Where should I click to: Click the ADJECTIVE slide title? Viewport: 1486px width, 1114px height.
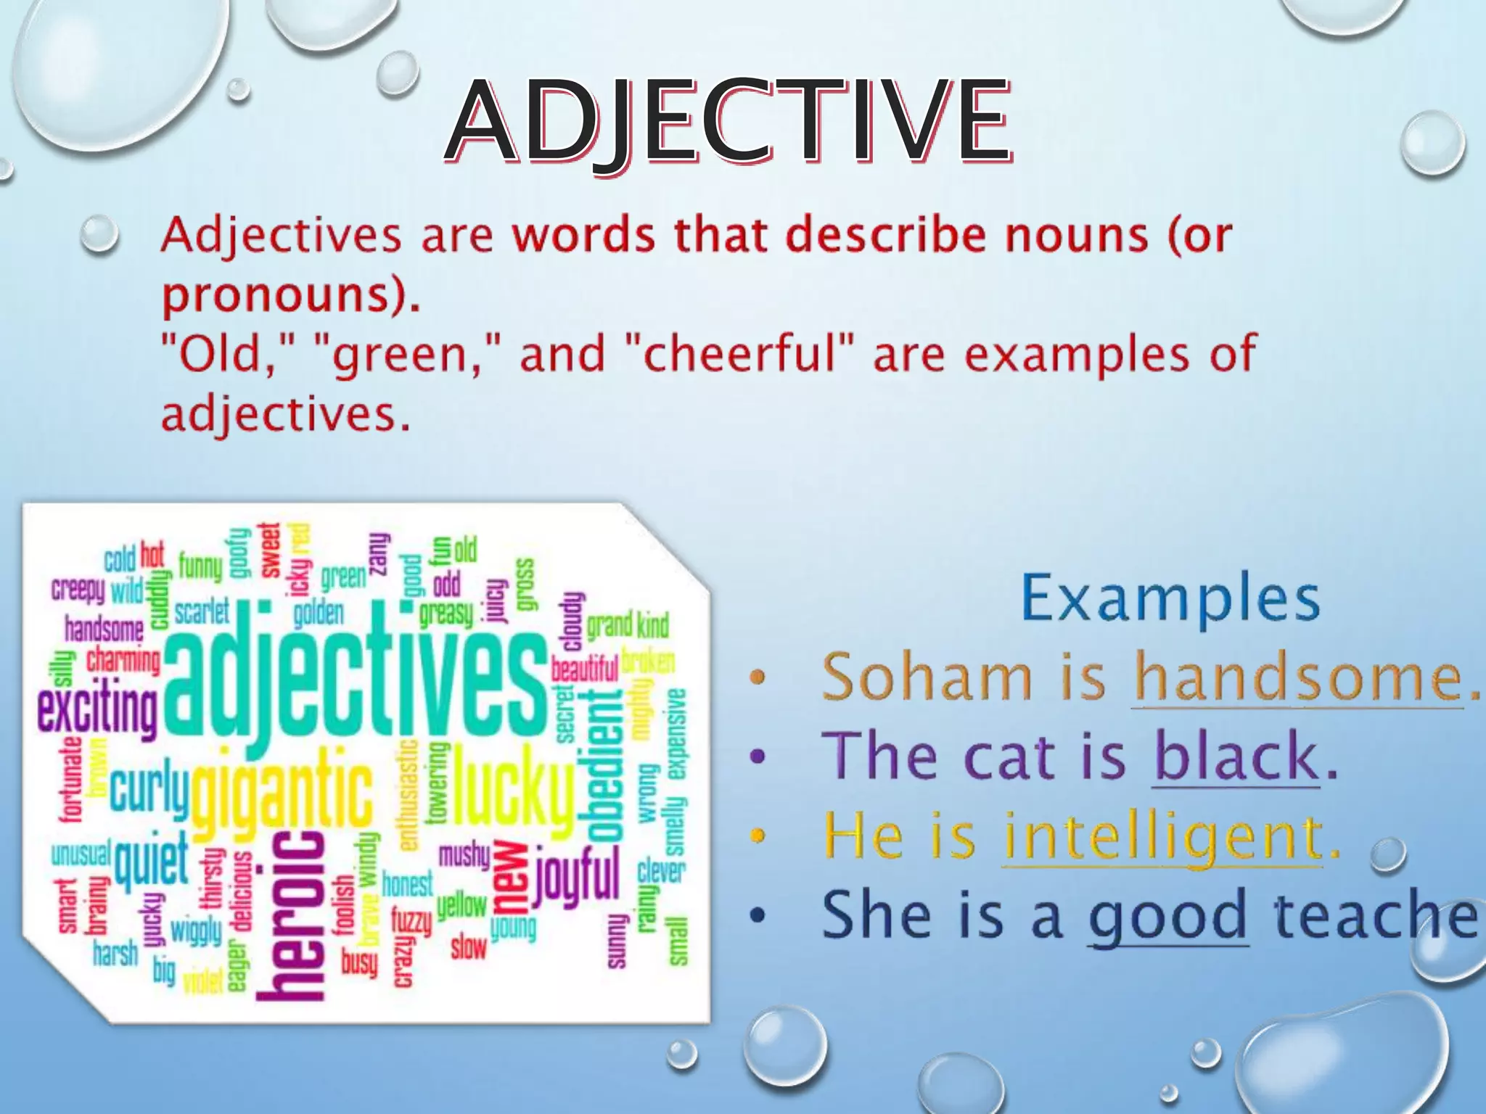pyautogui.click(x=728, y=122)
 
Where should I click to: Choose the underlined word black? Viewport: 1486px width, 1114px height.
pyautogui.click(x=1236, y=756)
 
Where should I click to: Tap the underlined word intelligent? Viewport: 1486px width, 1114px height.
pyautogui.click(x=1162, y=835)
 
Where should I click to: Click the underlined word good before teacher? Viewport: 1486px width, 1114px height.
pyautogui.click(x=1167, y=916)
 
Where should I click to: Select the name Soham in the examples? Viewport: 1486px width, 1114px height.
pyautogui.click(x=927, y=677)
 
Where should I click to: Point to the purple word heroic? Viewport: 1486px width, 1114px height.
pyautogui.click(x=290, y=915)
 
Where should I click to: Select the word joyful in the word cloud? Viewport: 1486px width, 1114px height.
pyautogui.click(x=578, y=879)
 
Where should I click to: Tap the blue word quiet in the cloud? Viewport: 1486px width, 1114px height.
pyautogui.click(x=151, y=860)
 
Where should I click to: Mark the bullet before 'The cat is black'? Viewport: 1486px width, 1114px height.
pyautogui.click(x=758, y=757)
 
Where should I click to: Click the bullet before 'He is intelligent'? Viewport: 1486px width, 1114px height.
pyautogui.click(x=758, y=835)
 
